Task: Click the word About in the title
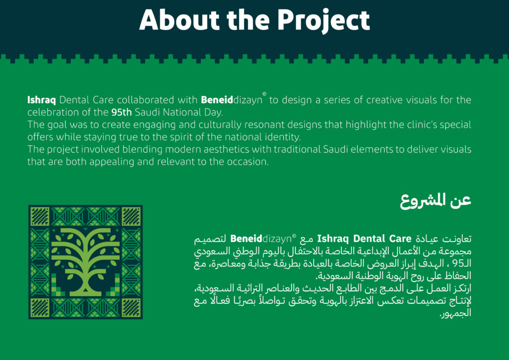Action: [180, 20]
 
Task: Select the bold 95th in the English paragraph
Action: [121, 112]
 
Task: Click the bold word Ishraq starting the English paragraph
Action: [42, 100]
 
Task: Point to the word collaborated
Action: [146, 100]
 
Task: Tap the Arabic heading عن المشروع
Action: [435, 201]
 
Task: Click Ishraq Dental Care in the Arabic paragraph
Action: [364, 239]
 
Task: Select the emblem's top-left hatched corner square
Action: [40, 216]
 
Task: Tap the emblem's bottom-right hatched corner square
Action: [131, 308]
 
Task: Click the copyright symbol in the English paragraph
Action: [264, 94]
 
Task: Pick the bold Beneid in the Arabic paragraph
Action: [246, 239]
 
